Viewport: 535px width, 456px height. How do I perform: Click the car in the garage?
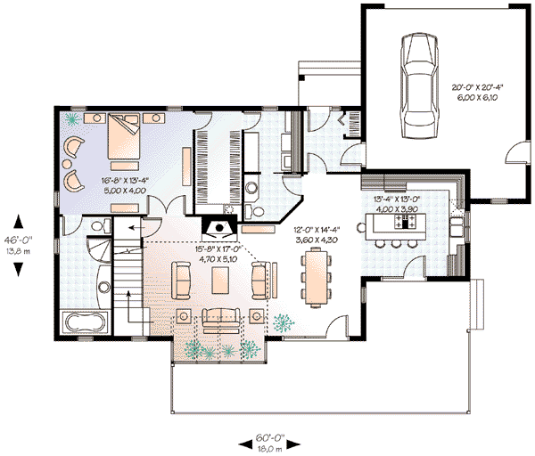pyautogui.click(x=419, y=85)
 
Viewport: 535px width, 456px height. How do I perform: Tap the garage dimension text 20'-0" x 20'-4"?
pyautogui.click(x=477, y=87)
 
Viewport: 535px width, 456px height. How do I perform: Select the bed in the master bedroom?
pyautogui.click(x=124, y=136)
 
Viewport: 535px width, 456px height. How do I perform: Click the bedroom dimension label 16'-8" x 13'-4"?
pyautogui.click(x=125, y=180)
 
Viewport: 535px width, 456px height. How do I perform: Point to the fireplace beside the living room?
pyautogui.click(x=219, y=228)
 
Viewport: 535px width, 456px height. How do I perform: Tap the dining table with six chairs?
pyautogui.click(x=317, y=277)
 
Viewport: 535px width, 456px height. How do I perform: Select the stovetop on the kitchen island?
pyautogui.click(x=406, y=222)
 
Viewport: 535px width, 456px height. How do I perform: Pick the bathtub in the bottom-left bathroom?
pyautogui.click(x=86, y=322)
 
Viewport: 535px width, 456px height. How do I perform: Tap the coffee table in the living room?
pyautogui.click(x=220, y=281)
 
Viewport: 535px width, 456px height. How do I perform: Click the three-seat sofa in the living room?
pyautogui.click(x=220, y=317)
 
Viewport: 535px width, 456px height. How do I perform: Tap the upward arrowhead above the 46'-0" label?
pyautogui.click(x=19, y=222)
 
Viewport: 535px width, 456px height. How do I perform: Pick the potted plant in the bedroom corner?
pyautogui.click(x=73, y=119)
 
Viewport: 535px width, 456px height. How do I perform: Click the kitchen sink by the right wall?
pyautogui.click(x=457, y=227)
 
